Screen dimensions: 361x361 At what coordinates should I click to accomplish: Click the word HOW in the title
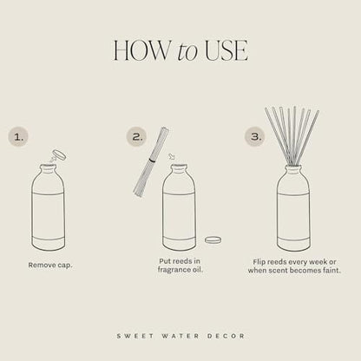click(x=136, y=51)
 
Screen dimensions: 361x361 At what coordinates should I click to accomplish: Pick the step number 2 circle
click(x=136, y=135)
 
